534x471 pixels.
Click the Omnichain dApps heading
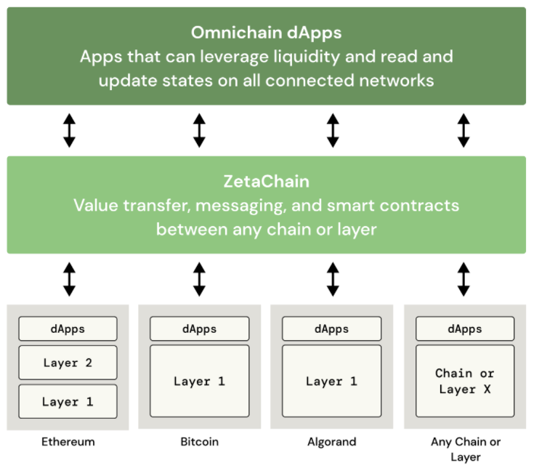tap(266, 33)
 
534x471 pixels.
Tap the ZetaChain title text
tap(267, 181)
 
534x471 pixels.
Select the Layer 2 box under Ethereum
tap(68, 363)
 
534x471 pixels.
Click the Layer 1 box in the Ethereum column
tap(68, 401)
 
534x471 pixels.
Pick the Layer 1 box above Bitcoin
tap(200, 381)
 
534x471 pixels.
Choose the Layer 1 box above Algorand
tap(332, 381)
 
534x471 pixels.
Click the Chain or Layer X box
tap(465, 381)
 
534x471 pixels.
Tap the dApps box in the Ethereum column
tap(68, 329)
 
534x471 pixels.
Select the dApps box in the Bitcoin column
tap(200, 329)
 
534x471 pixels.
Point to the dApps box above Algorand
tap(332, 329)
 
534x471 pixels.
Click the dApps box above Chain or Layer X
tap(465, 329)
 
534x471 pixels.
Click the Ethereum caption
tap(68, 442)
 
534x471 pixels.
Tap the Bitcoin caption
tap(200, 442)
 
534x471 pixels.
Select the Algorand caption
tap(332, 442)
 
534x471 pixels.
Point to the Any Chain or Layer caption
tap(466, 449)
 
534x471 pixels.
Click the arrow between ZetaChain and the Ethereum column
tap(70, 279)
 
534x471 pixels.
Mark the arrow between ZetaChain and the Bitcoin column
tap(199, 279)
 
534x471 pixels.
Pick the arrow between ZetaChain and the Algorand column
tap(333, 279)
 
